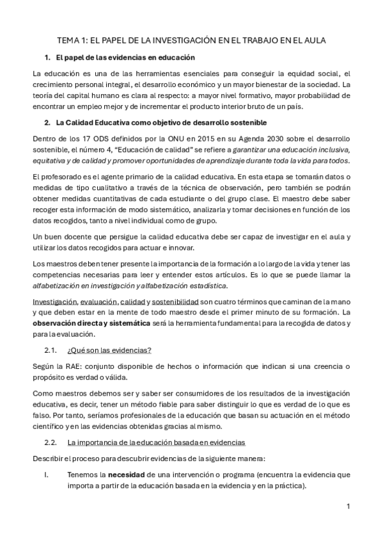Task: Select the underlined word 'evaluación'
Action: (x=100, y=301)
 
